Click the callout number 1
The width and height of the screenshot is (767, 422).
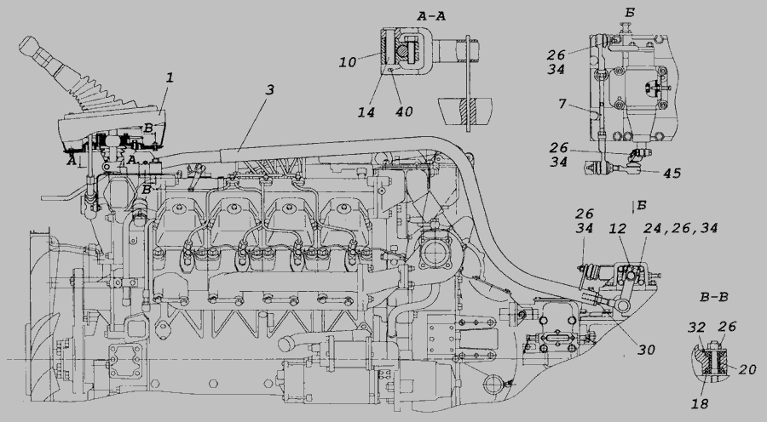click(x=170, y=77)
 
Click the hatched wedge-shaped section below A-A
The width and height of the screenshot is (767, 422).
click(x=466, y=109)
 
